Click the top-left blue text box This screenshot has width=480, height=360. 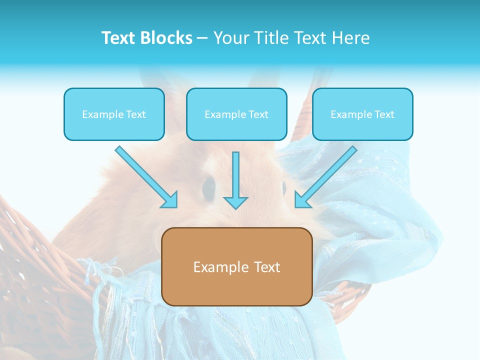click(x=114, y=114)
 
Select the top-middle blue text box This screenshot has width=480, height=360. click(x=236, y=114)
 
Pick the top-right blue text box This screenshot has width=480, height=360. click(x=362, y=114)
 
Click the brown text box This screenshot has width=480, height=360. click(x=236, y=266)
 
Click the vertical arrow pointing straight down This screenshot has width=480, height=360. click(x=235, y=180)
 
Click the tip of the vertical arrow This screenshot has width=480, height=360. click(x=235, y=207)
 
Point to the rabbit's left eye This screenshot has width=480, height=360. click(x=207, y=186)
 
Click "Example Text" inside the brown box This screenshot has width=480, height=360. click(x=236, y=267)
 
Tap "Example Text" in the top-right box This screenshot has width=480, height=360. click(x=362, y=114)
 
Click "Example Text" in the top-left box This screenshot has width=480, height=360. click(x=114, y=114)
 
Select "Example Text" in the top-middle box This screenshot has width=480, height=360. click(x=236, y=114)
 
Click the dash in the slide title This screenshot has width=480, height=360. click(x=202, y=38)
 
